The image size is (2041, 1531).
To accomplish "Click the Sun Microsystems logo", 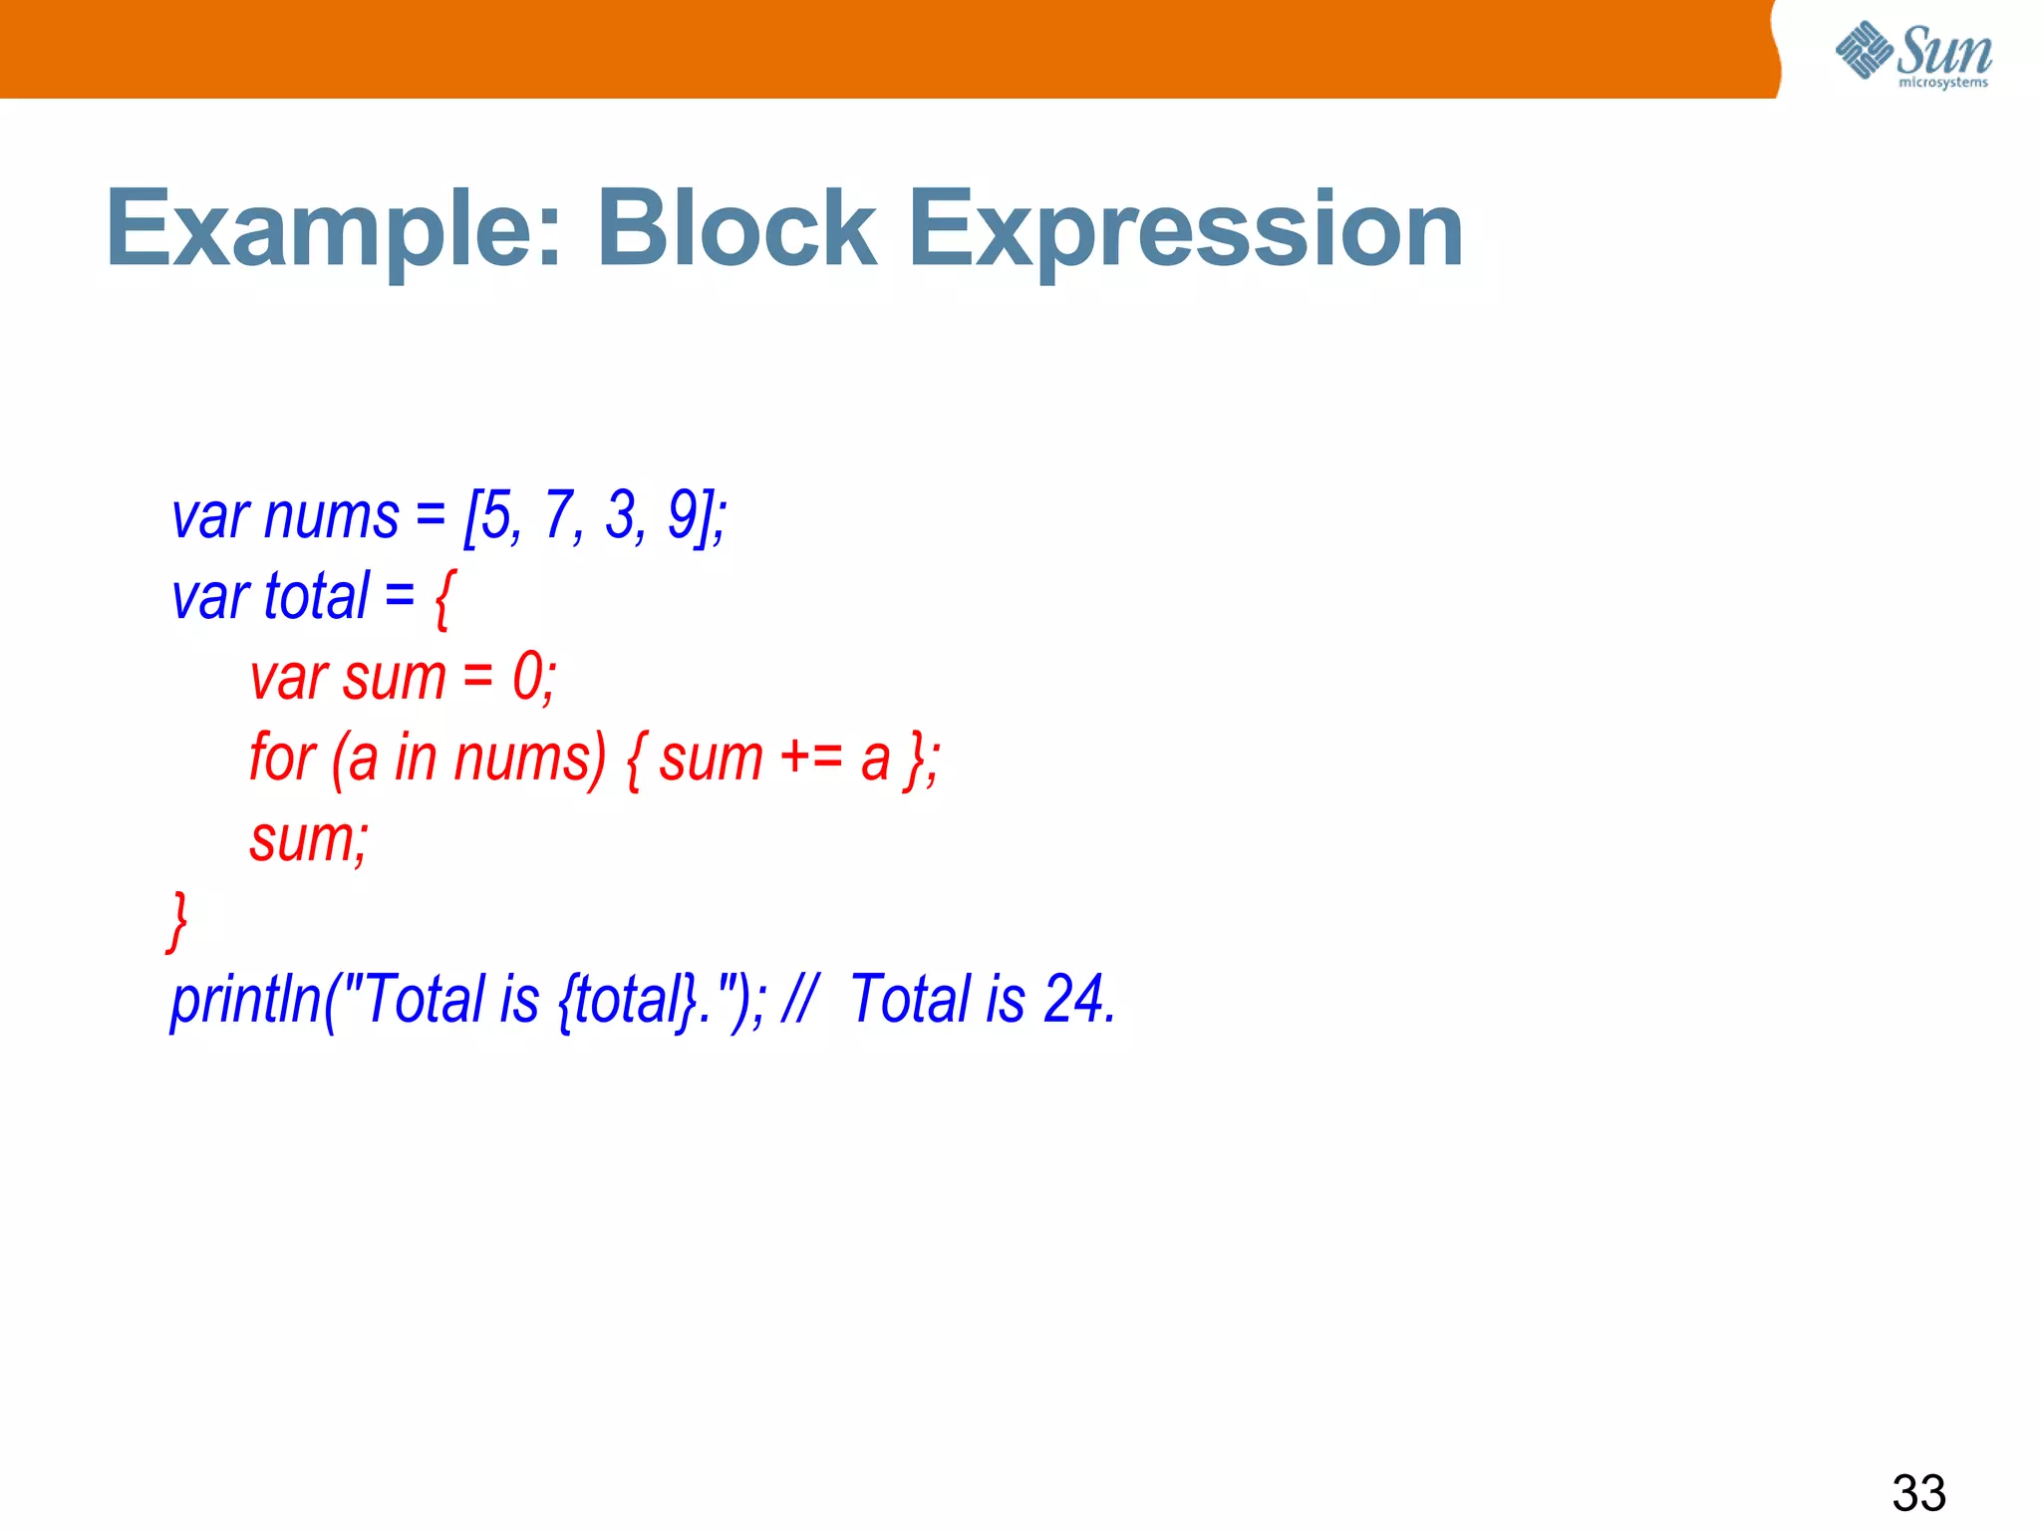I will coord(1913,55).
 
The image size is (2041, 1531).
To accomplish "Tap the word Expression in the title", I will coord(1185,230).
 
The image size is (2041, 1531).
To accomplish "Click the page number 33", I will coord(1918,1493).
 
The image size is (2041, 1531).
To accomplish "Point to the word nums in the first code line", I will coord(331,516).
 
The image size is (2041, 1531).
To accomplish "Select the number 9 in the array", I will coord(685,516).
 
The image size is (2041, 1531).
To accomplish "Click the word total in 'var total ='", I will coord(317,596).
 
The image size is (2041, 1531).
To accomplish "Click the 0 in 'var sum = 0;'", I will coord(528,678).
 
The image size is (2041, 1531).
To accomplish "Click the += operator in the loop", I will coord(811,758).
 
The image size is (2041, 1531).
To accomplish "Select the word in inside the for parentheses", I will coord(416,758).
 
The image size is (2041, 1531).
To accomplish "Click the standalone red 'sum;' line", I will coord(308,839).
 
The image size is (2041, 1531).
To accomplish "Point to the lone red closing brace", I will coord(177,922).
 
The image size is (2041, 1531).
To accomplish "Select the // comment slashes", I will coord(798,1000).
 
